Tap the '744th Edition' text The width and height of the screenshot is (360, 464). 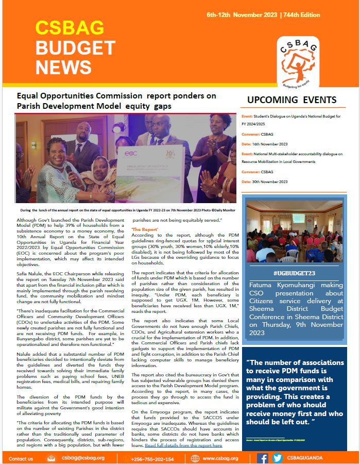pos(317,14)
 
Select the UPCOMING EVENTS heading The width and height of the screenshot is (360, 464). pos(292,100)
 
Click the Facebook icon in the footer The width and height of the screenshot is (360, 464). pos(262,458)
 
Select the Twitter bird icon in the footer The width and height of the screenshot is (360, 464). pos(277,458)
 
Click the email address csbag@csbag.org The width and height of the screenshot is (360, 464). pos(83,458)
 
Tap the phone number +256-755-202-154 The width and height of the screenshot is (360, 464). pos(152,458)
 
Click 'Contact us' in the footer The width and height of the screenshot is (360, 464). pos(21,458)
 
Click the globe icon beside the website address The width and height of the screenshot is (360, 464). pos(195,458)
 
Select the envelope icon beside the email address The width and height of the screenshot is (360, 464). pos(52,458)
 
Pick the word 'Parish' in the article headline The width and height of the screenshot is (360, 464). pos(30,106)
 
